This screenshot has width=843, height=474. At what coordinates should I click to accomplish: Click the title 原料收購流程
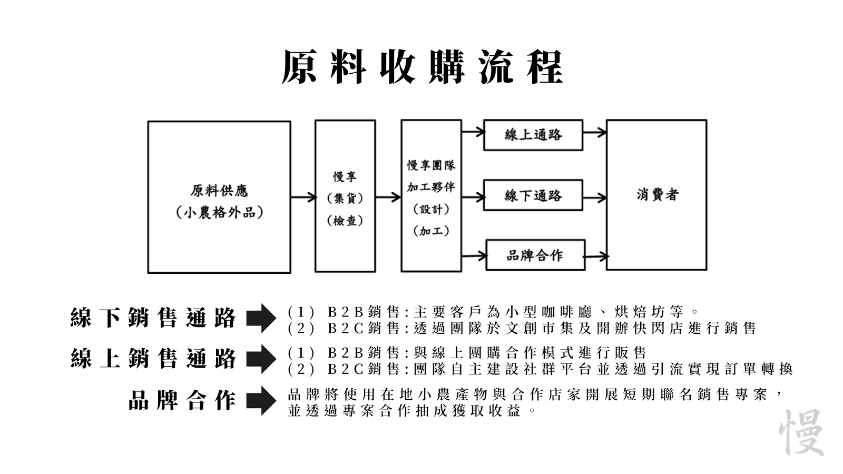tap(422, 67)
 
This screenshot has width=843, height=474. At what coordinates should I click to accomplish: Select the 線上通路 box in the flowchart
tap(533, 135)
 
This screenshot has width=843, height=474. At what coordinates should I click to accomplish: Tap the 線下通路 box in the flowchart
tap(533, 195)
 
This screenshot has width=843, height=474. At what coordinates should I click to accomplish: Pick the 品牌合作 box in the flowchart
tap(535, 255)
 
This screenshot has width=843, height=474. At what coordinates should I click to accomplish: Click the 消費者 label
tap(658, 194)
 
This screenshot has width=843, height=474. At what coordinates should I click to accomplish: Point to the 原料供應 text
tap(219, 191)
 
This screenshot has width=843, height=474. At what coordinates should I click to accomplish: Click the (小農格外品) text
tap(219, 213)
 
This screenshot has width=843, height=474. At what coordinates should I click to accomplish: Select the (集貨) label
tap(345, 198)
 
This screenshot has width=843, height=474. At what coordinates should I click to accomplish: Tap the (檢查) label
tap(345, 221)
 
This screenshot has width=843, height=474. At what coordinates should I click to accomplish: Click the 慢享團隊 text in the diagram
tap(432, 165)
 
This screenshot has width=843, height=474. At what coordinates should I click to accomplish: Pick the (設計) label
tap(432, 209)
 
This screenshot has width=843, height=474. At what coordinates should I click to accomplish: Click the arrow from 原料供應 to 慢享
tap(303, 197)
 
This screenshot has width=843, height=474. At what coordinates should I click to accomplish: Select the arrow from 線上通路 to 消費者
tap(595, 133)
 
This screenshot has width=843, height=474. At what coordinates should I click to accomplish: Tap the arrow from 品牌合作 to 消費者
tap(596, 257)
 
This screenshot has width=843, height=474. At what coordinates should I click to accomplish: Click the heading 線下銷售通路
tap(153, 318)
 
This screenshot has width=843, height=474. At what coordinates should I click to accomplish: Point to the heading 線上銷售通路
tap(153, 359)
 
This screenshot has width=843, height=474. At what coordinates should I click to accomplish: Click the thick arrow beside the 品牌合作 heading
tap(261, 401)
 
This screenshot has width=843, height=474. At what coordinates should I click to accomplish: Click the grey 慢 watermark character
tap(801, 432)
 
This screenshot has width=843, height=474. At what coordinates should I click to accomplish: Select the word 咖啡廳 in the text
tap(567, 312)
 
